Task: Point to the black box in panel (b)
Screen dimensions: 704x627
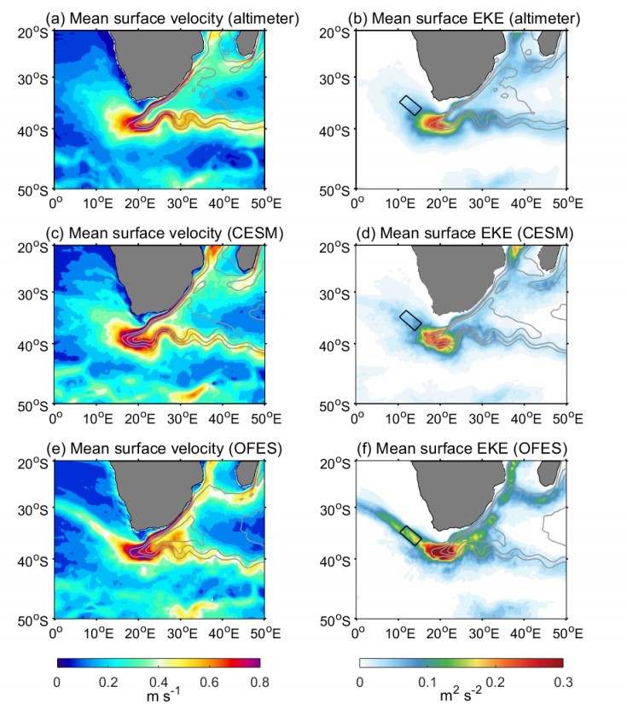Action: [x=410, y=104]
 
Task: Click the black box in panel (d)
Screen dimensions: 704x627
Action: [x=410, y=320]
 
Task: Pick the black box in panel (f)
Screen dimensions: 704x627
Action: [x=410, y=535]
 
